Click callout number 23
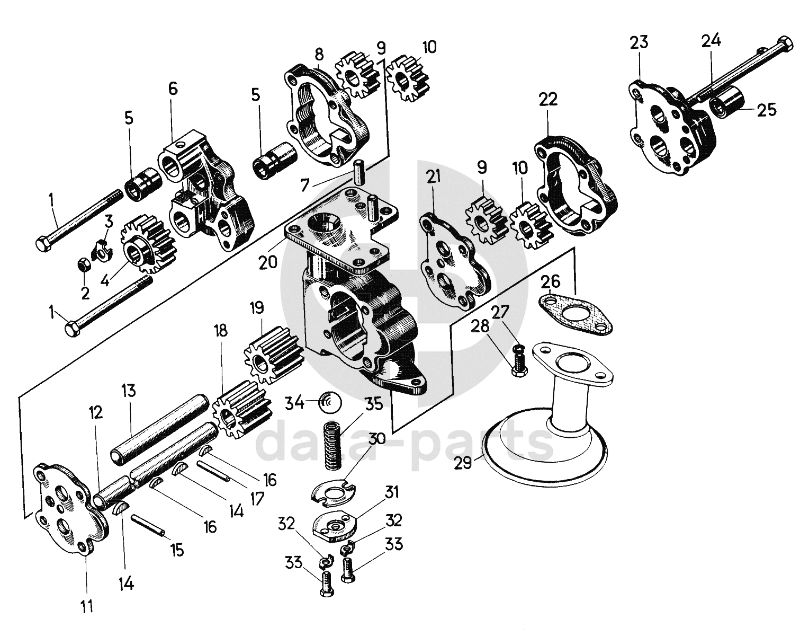(x=639, y=42)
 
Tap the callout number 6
(x=173, y=90)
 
